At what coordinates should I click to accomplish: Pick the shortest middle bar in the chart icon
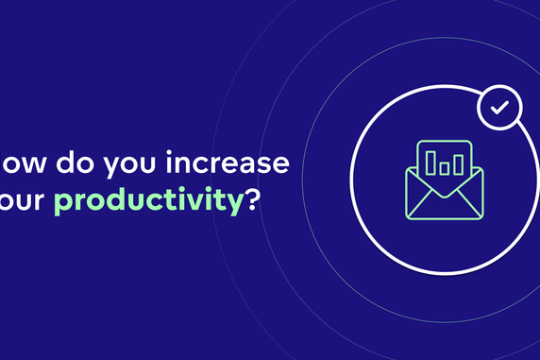pyautogui.click(x=444, y=169)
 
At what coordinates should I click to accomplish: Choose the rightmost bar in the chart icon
pyautogui.click(x=459, y=165)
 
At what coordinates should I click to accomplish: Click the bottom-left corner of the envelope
pyautogui.click(x=408, y=216)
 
